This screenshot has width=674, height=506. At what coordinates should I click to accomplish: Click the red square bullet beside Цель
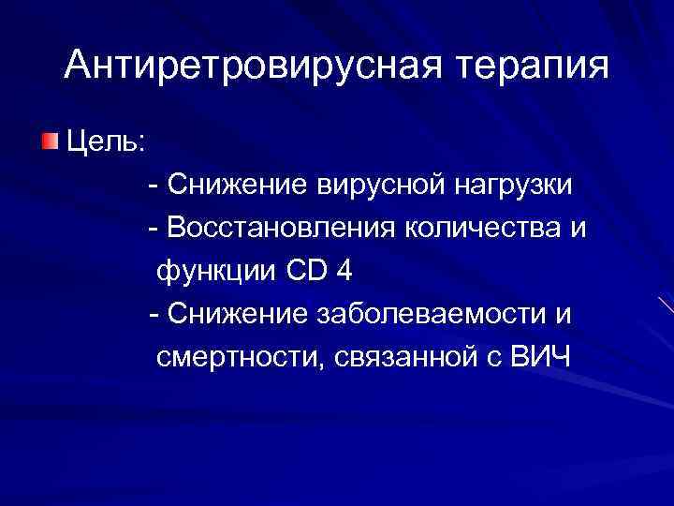(x=48, y=142)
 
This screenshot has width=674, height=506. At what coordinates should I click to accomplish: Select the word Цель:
(x=104, y=143)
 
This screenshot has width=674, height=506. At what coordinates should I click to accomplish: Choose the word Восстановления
(x=280, y=229)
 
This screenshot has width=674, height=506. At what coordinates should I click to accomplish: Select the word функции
(x=216, y=273)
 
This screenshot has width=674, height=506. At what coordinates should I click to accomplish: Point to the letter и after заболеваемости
(x=562, y=316)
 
